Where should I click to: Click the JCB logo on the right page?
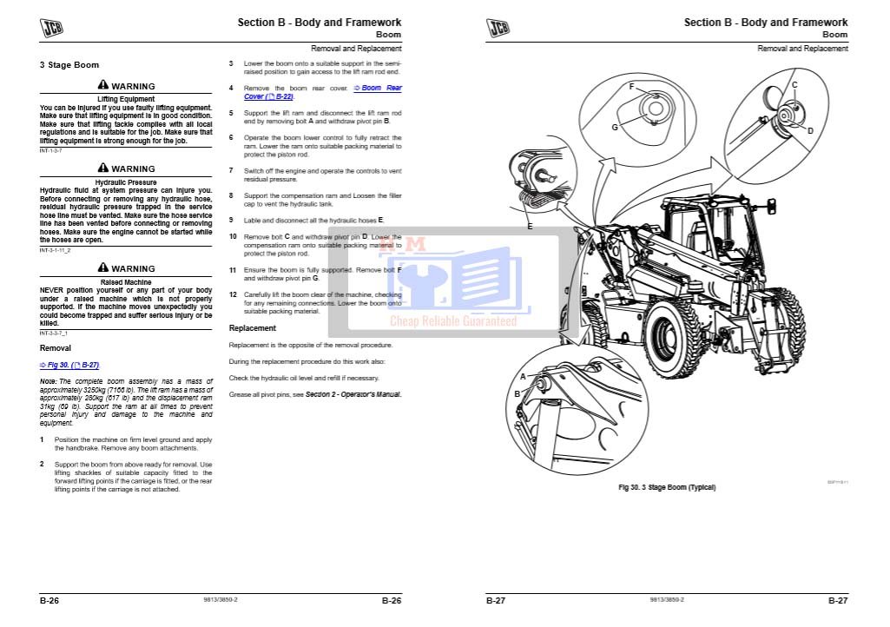click(x=498, y=28)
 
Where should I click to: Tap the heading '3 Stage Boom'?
click(x=69, y=65)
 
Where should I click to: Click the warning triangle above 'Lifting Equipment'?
click(x=103, y=86)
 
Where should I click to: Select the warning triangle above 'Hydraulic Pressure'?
click(x=103, y=168)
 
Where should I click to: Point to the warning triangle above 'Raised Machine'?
click(x=103, y=268)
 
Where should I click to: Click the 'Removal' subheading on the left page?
click(x=55, y=347)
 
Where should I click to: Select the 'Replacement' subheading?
click(x=252, y=328)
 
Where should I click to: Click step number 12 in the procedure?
click(x=233, y=294)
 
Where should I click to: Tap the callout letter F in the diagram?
click(x=631, y=87)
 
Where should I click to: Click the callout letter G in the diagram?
click(x=614, y=127)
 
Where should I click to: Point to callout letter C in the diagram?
click(x=794, y=85)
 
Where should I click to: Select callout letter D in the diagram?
click(x=809, y=131)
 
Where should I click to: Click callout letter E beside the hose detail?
click(x=530, y=227)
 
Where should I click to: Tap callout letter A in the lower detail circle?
click(x=523, y=377)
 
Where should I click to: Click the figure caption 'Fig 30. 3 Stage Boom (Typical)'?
click(x=667, y=487)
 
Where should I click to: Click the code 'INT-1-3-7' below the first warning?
click(x=52, y=150)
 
